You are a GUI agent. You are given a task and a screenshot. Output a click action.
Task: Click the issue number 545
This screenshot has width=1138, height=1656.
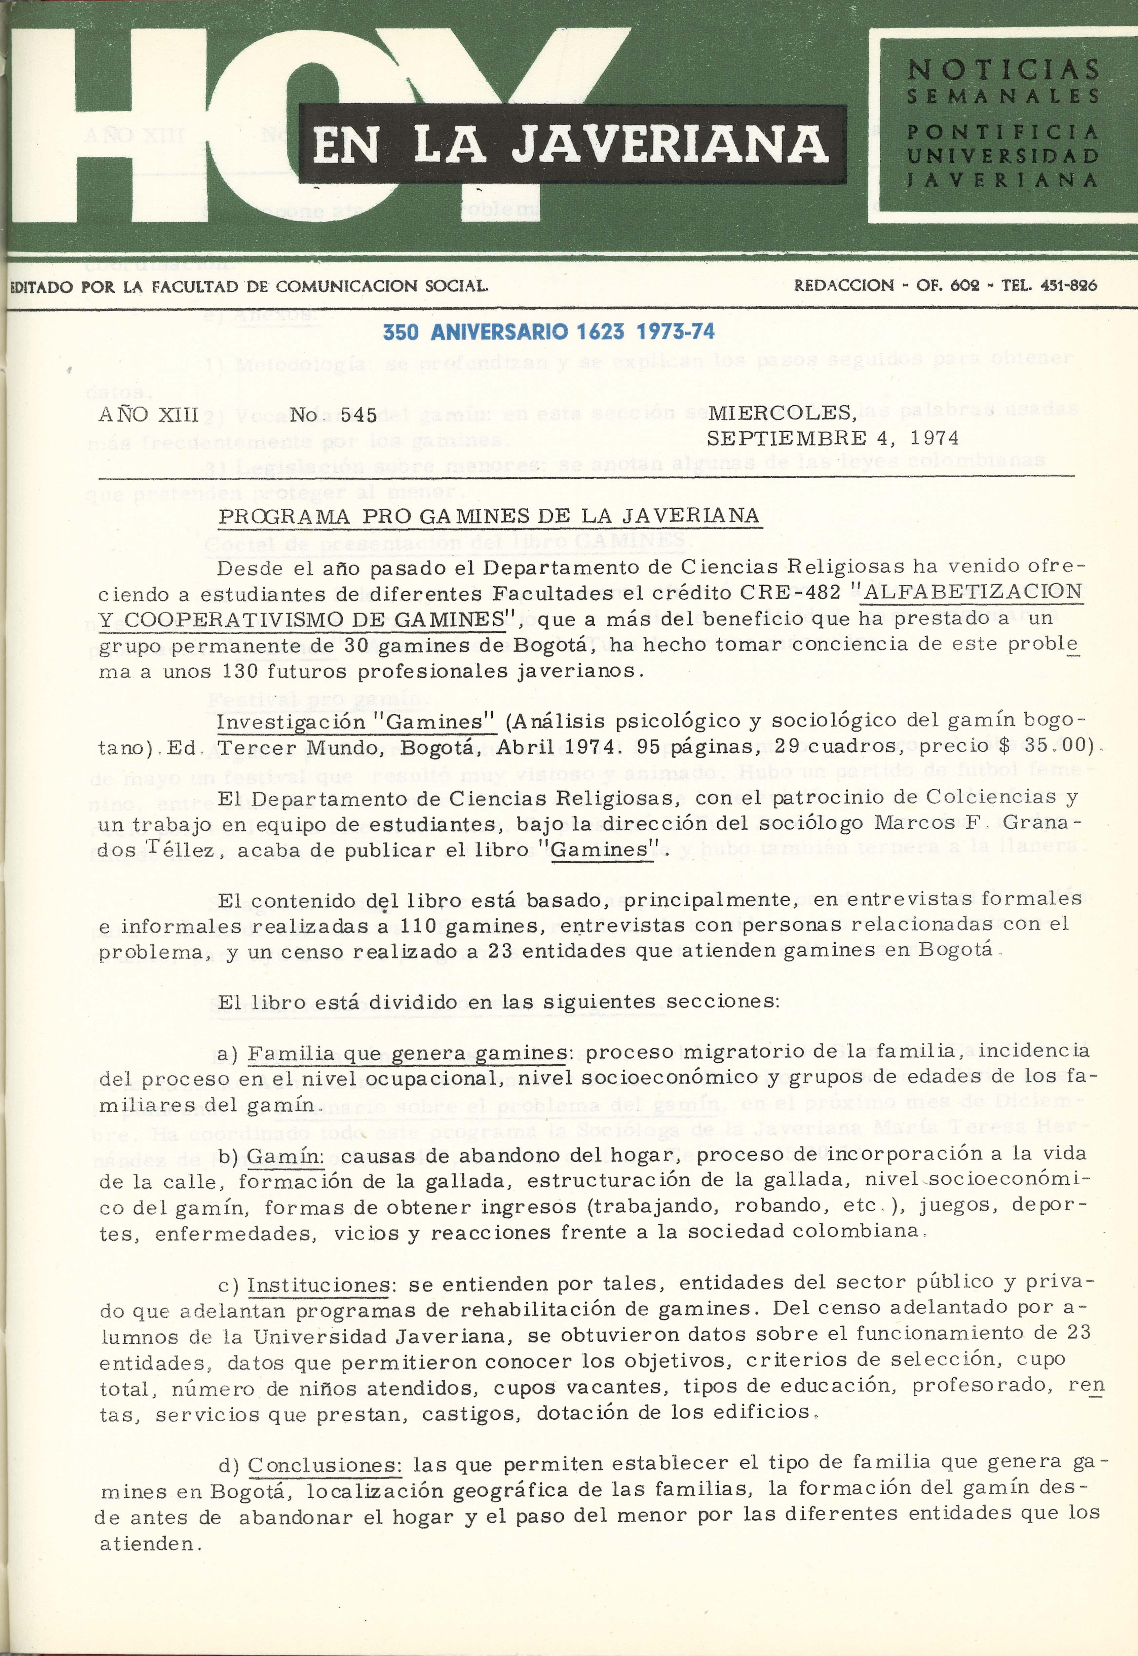point(359,415)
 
